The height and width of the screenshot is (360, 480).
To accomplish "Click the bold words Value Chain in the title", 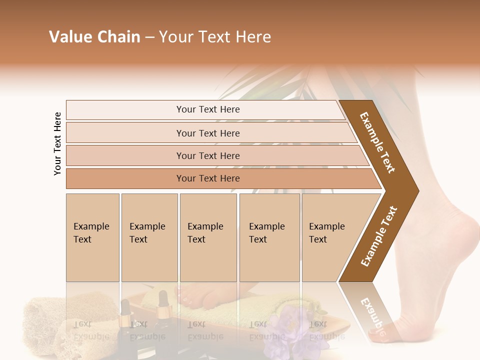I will pyautogui.click(x=94, y=37).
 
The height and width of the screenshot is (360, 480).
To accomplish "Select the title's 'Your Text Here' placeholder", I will pyautogui.click(x=215, y=37).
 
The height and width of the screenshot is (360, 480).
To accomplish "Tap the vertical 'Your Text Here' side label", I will pyautogui.click(x=57, y=143).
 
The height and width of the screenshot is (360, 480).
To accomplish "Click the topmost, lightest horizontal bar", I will pyautogui.click(x=207, y=109).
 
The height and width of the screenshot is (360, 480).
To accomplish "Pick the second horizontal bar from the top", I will pyautogui.click(x=207, y=133).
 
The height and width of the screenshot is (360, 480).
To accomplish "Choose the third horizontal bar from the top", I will pyautogui.click(x=207, y=155).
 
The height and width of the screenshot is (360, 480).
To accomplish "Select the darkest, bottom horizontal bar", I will pyautogui.click(x=207, y=178).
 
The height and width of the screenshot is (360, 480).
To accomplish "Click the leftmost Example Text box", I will pyautogui.click(x=92, y=237).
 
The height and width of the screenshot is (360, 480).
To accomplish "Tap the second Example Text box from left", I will pyautogui.click(x=149, y=237).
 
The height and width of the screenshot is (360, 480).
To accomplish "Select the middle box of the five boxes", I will pyautogui.click(x=208, y=237).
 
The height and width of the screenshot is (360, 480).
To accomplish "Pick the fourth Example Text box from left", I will pyautogui.click(x=269, y=237).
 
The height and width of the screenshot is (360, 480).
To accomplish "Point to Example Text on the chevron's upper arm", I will pyautogui.click(x=377, y=142).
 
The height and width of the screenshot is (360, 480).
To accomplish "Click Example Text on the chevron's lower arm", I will pyautogui.click(x=379, y=236).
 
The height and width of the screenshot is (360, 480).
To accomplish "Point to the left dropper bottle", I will pyautogui.click(x=125, y=320).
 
